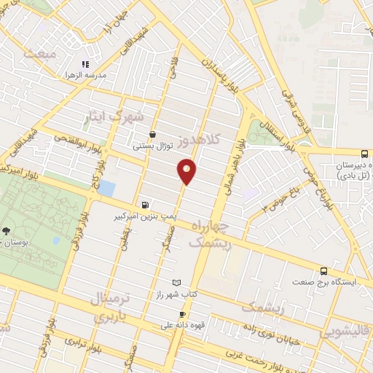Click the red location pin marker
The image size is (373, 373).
click(x=187, y=171)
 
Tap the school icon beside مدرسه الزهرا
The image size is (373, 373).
click(x=85, y=64)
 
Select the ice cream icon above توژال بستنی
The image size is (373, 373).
click(x=152, y=134)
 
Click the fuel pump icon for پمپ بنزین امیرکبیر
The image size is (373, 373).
click(x=146, y=205)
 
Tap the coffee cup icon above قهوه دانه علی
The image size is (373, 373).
click(x=172, y=314)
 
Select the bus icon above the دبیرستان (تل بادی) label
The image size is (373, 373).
click(x=364, y=154)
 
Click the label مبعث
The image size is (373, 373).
click(x=39, y=54)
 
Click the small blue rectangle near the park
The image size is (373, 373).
click(x=106, y=188)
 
